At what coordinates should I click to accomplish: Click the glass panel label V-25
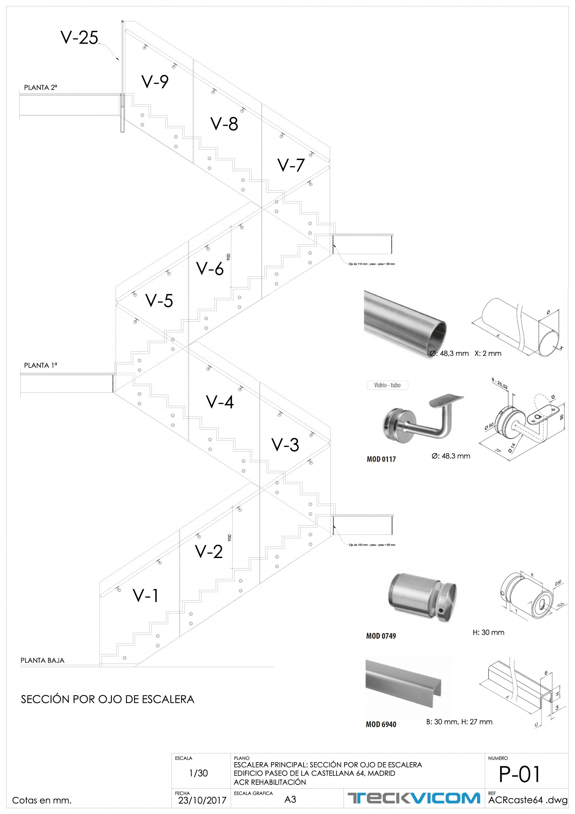coord(79,38)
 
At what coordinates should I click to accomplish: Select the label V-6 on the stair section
coord(210,269)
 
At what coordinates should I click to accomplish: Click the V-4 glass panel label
coord(220,402)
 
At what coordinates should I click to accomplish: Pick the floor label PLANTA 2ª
coord(40,87)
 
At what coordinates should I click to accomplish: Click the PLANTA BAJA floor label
coord(43,660)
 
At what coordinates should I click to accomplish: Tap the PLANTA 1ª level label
coord(40,365)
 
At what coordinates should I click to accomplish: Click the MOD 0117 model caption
coord(381,459)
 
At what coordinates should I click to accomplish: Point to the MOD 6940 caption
coord(381,725)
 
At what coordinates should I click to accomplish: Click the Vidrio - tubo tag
coord(387,385)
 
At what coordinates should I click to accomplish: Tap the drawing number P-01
coord(519,774)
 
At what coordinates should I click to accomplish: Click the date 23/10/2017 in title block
coord(202,800)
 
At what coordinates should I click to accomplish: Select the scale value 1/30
coord(199,773)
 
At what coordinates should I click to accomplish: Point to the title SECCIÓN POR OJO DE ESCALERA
coord(108,700)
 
